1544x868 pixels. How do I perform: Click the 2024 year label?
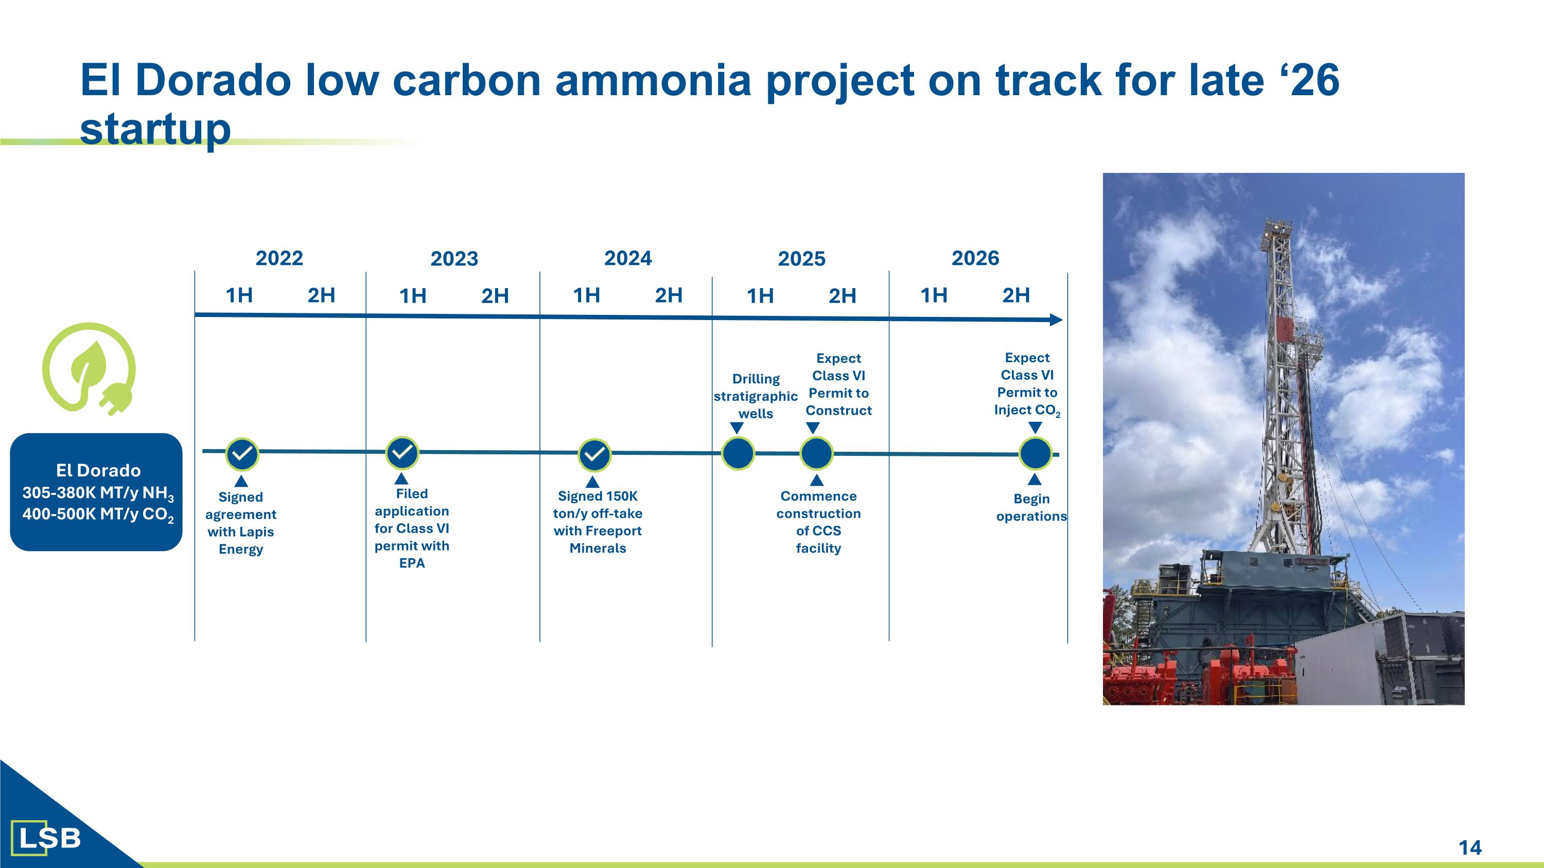pos(627,258)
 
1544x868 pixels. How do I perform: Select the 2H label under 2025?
pos(842,295)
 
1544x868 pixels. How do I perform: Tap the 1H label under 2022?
pos(239,295)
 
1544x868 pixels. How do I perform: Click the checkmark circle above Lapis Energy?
pos(241,454)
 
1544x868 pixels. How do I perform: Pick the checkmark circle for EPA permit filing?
pos(402,452)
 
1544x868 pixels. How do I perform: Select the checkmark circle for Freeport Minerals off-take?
pos(594,455)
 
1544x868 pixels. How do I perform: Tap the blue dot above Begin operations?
pos(1035,453)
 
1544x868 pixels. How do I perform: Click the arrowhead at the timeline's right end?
pos(1056,320)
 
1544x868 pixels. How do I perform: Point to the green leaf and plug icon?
pos(89,369)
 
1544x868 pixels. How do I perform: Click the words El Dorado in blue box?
pos(98,470)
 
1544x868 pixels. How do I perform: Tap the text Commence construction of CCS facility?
pos(818,522)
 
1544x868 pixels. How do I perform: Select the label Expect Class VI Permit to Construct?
pos(838,384)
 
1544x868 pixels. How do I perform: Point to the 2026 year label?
pos(975,258)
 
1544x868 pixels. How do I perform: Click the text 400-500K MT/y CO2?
pos(98,515)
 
